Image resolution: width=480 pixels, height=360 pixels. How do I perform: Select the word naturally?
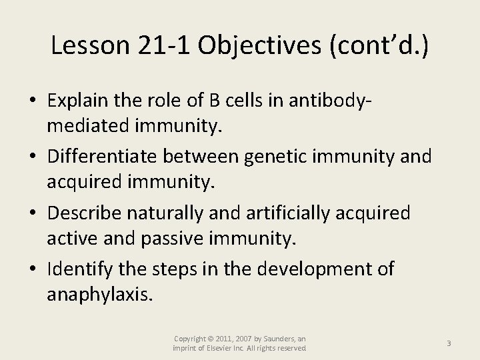point(175,213)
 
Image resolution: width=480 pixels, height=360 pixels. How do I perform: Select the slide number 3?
point(449,343)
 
